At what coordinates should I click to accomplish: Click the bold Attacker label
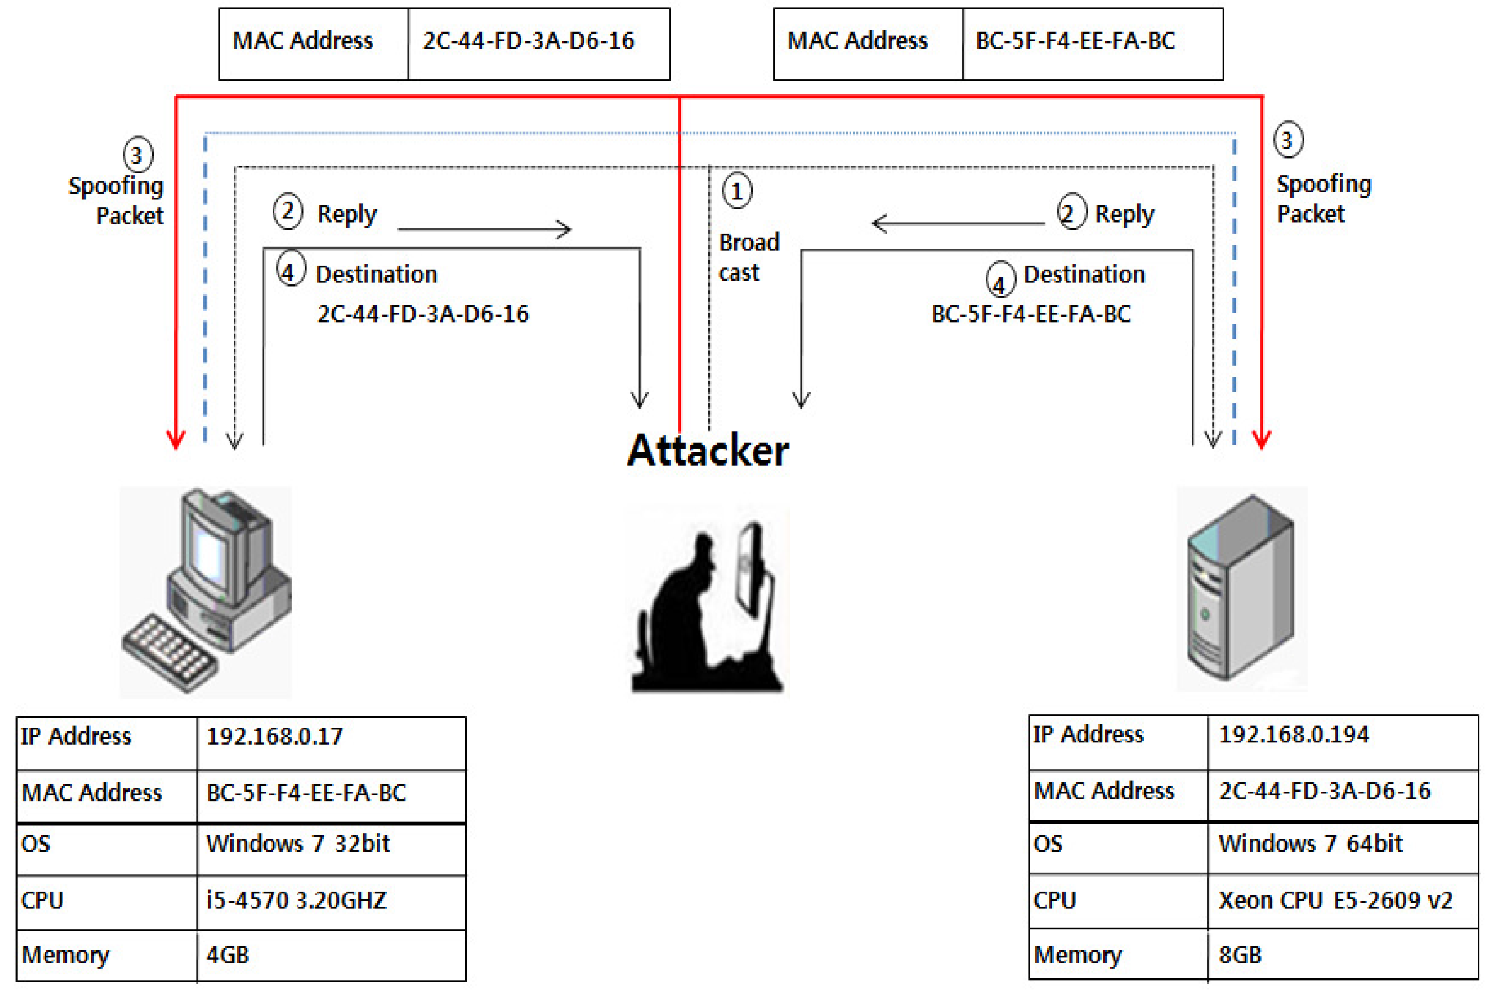[707, 450]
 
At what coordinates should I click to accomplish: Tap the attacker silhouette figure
[705, 610]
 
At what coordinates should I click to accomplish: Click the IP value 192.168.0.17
[274, 737]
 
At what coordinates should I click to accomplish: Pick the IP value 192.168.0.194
[1293, 735]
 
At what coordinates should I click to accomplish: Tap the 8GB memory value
[1240, 955]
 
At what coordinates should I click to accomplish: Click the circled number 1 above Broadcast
[737, 191]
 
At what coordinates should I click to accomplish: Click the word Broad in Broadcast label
[749, 243]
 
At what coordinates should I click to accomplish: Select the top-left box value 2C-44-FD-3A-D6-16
[528, 41]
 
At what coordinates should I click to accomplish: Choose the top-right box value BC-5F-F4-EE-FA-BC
[1075, 41]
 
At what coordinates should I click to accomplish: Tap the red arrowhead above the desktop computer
[176, 439]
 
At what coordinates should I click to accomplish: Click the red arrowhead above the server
[1261, 439]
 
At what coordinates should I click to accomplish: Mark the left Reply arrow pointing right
[484, 229]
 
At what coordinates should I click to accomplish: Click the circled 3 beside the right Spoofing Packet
[1288, 140]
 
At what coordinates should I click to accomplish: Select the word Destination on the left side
[376, 275]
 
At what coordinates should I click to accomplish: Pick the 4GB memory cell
[227, 955]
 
